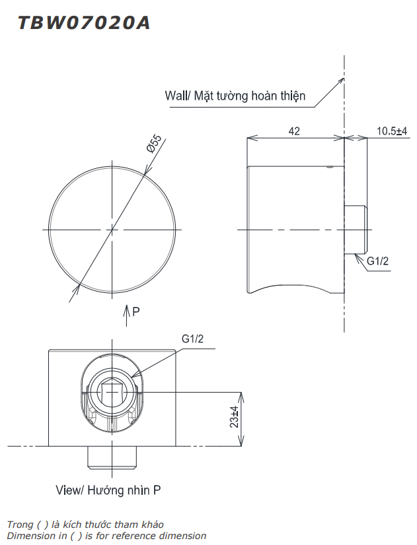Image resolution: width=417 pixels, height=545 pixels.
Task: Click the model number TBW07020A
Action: (x=84, y=23)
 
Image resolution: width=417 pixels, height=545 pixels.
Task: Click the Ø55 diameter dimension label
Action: (x=154, y=144)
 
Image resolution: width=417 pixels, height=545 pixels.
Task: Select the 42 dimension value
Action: (x=294, y=131)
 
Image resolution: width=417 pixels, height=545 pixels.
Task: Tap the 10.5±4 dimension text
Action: (x=392, y=131)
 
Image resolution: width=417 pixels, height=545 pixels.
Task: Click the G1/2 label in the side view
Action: (x=378, y=261)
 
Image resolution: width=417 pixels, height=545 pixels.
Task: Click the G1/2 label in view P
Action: (x=193, y=339)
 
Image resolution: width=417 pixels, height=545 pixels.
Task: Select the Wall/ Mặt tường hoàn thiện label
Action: (x=235, y=96)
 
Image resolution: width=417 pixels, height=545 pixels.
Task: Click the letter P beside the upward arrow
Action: (x=136, y=311)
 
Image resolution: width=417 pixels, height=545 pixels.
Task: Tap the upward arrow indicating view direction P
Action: (x=127, y=315)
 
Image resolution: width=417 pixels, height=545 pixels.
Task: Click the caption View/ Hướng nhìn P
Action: (x=108, y=490)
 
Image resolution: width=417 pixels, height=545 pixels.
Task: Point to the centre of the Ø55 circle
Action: (x=112, y=229)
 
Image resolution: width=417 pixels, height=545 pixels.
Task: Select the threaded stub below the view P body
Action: (x=112, y=457)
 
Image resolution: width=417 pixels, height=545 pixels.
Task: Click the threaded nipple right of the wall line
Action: (x=357, y=229)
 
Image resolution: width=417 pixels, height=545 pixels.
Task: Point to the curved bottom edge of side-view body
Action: (x=291, y=286)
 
